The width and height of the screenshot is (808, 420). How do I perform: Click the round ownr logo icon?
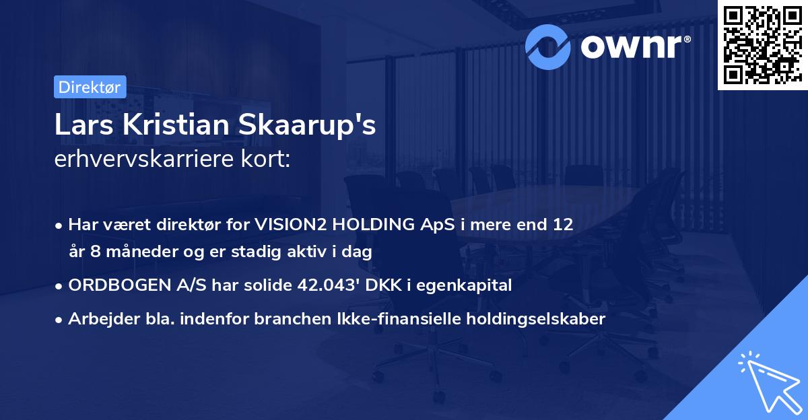pos(549,46)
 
